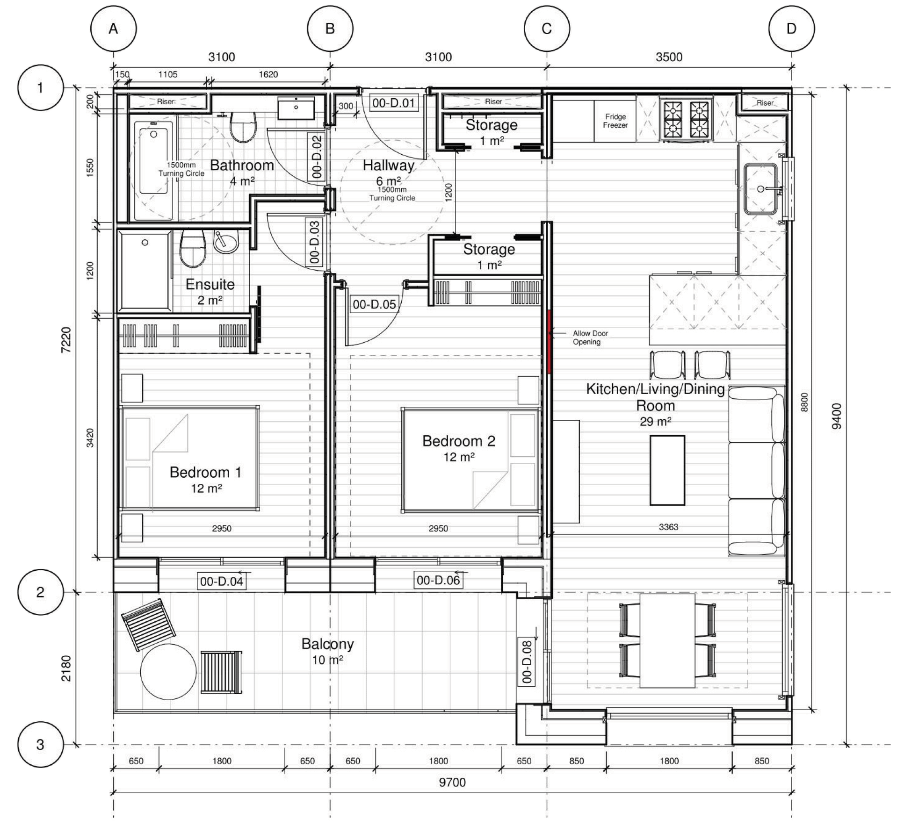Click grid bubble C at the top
tap(546, 29)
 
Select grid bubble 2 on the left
tap(40, 592)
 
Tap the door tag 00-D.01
tap(393, 103)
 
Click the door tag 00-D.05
tap(374, 305)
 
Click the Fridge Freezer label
tap(615, 121)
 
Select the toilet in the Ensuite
tap(193, 248)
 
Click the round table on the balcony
tap(168, 672)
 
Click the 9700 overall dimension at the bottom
tap(452, 782)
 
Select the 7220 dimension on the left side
tap(66, 340)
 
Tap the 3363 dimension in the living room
tap(668, 527)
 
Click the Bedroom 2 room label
tap(458, 441)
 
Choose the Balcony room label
tap(327, 644)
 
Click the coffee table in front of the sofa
tap(667, 470)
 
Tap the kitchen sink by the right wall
tap(761, 188)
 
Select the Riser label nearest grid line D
tap(765, 102)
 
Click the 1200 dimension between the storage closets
tap(448, 192)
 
